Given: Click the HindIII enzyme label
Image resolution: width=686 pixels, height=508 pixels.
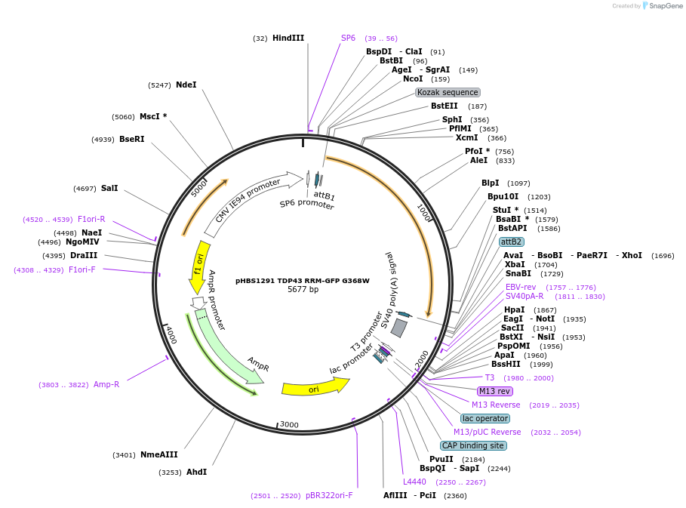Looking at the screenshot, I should (x=288, y=38).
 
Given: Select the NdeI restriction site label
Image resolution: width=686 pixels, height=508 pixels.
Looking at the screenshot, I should (x=186, y=85).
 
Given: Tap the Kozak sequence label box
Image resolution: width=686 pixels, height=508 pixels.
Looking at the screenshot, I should (x=448, y=92).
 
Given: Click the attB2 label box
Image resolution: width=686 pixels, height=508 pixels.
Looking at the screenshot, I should (x=511, y=242).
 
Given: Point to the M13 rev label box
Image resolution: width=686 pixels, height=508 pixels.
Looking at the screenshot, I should (x=494, y=391).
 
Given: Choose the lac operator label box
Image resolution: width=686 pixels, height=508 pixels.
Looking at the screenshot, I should (x=486, y=418).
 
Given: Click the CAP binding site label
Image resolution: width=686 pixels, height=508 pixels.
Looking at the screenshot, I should (x=473, y=445).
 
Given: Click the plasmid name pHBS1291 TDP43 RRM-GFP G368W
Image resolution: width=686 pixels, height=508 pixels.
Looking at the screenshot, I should (x=302, y=280).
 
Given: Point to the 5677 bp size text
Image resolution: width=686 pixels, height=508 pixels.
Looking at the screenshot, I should (x=303, y=289).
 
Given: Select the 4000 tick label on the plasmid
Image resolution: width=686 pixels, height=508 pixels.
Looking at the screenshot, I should (x=171, y=335).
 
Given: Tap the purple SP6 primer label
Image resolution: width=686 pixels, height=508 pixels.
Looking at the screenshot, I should (x=348, y=38).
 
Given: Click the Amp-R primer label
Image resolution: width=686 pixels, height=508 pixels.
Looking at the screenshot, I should (x=106, y=384).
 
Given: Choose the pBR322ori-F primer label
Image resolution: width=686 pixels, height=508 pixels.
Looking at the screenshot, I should (x=329, y=495).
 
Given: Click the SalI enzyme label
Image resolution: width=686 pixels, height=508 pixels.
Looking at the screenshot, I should (x=109, y=188).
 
